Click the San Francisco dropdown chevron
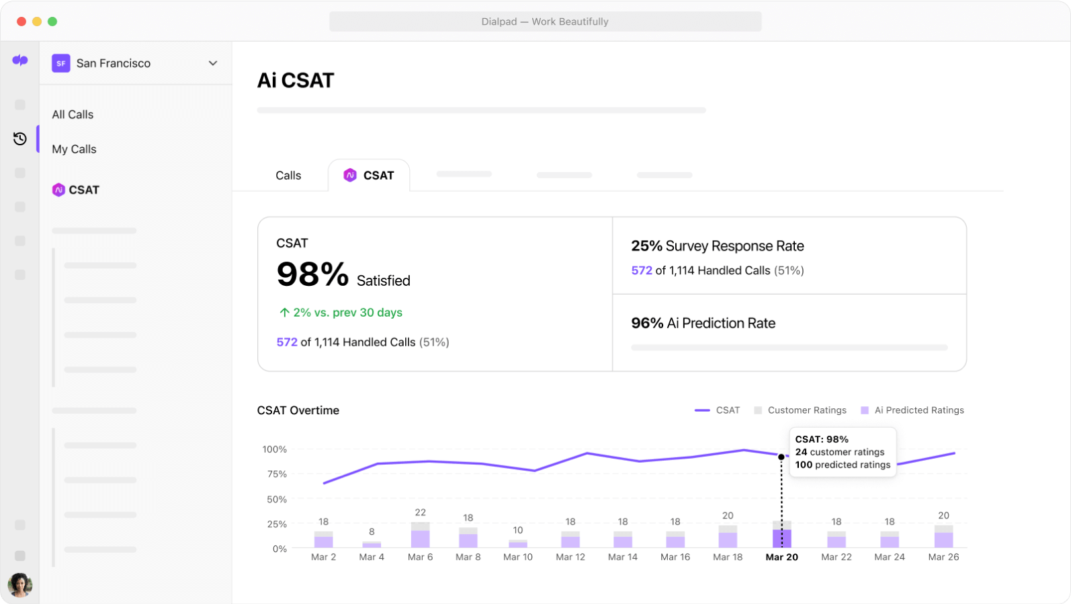[x=213, y=63]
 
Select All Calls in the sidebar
[x=73, y=114]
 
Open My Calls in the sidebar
[x=74, y=149]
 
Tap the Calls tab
[x=288, y=176]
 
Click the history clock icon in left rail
[x=20, y=139]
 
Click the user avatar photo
[x=19, y=584]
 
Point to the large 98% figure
[x=312, y=274]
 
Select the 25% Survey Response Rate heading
[x=717, y=246]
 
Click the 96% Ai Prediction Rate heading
[x=703, y=324]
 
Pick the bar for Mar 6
[x=421, y=536]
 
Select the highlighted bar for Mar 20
[x=781, y=535]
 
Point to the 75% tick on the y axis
[x=277, y=474]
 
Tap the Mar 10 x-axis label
[x=517, y=557]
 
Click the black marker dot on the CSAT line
[x=781, y=457]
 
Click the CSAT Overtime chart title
[x=298, y=410]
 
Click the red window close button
[x=22, y=22]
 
